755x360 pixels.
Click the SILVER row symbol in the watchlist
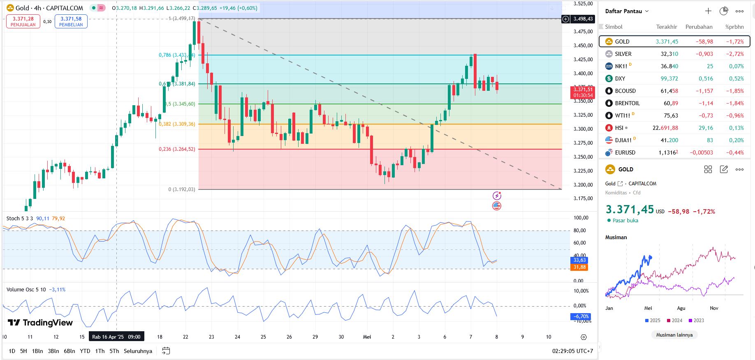click(x=623, y=54)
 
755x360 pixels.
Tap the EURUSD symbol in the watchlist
click(x=625, y=152)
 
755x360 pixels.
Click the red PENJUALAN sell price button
click(x=23, y=21)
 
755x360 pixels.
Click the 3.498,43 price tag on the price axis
click(x=583, y=19)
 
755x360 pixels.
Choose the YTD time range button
click(x=85, y=351)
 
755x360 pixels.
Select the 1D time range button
click(x=12, y=351)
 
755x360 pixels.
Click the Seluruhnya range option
click(x=138, y=351)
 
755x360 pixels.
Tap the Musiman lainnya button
click(x=674, y=335)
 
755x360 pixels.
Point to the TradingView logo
click(x=40, y=323)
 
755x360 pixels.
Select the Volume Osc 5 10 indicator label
click(x=26, y=290)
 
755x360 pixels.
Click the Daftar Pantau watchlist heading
click(x=623, y=11)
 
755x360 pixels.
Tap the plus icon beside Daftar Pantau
click(x=708, y=11)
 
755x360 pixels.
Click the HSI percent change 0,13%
click(x=736, y=128)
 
